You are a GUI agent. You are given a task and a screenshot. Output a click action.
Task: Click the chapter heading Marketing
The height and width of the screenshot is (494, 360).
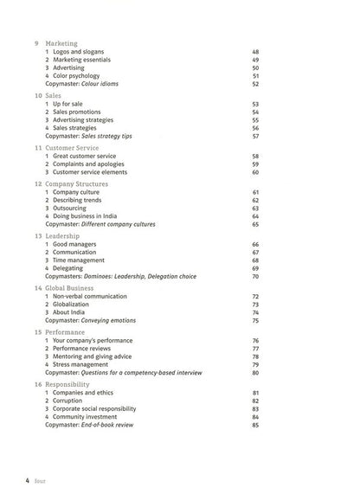pos(63,43)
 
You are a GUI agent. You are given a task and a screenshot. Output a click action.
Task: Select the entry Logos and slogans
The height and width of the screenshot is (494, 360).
pos(82,52)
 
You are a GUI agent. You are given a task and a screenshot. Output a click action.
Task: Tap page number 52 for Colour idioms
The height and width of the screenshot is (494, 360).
pos(255,84)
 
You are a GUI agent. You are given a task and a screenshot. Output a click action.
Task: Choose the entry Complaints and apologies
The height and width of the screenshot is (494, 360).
pos(95,164)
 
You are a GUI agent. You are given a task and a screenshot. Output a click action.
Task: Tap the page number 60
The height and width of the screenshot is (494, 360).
pos(255,171)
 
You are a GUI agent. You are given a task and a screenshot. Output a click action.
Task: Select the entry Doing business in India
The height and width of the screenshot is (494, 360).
pos(93,215)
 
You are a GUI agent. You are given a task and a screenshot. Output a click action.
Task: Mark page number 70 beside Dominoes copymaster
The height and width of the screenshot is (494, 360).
pos(255,277)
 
